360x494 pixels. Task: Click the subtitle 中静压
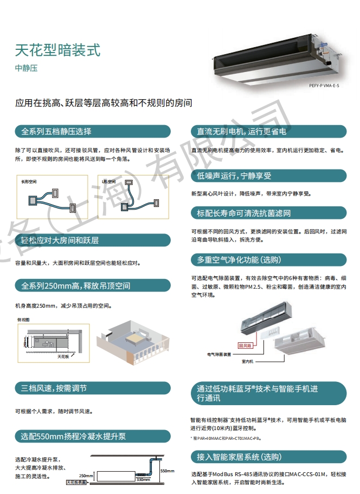(x=26, y=69)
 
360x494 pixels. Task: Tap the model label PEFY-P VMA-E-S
(x=324, y=86)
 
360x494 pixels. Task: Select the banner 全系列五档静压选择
(x=92, y=132)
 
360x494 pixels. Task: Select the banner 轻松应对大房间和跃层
(x=92, y=240)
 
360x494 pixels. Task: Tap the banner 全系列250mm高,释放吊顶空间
(x=92, y=285)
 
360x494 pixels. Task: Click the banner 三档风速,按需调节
(x=92, y=388)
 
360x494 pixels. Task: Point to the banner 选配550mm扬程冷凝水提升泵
(x=92, y=436)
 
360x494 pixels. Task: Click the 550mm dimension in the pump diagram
(x=168, y=471)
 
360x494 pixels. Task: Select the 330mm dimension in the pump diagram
(x=143, y=480)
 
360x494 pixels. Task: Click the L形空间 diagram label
(x=111, y=181)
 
